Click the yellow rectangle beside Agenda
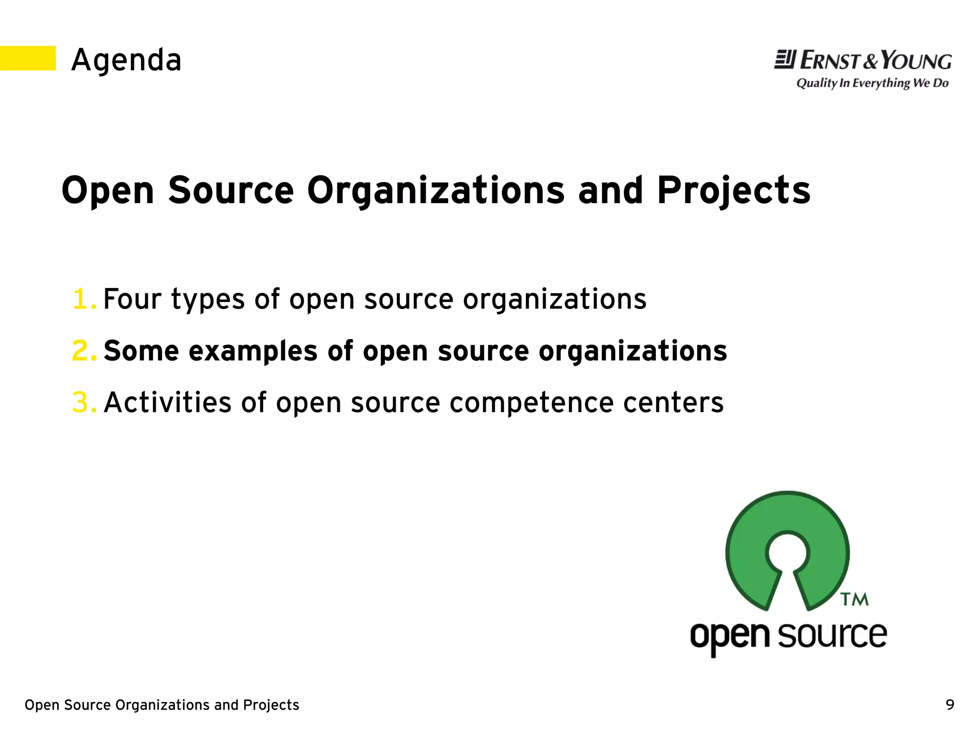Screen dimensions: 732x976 coord(28,58)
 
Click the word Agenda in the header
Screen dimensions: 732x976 coord(126,61)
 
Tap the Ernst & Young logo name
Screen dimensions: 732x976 coord(863,61)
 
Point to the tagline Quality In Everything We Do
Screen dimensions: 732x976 coord(872,83)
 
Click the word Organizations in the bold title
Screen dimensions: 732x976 coord(436,191)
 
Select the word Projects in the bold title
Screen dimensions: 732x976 coord(734,191)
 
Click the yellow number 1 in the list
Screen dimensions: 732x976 coord(82,299)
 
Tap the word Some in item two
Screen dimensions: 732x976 coord(141,351)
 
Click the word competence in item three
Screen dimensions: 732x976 coord(531,403)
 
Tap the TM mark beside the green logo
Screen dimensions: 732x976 coord(854,599)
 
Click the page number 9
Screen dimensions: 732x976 coord(950,704)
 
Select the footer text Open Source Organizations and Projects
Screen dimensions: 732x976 coord(162,705)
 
